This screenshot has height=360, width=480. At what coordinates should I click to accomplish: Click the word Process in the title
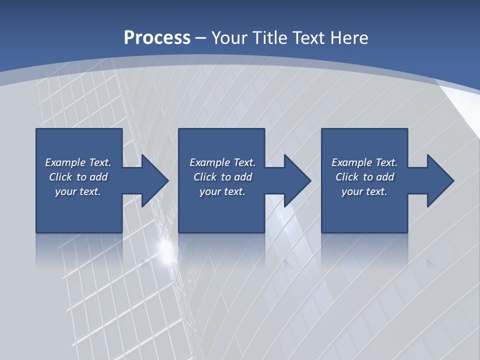157,37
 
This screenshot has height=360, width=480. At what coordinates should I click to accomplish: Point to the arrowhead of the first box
154,180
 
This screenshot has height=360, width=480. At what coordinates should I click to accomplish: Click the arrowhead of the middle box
297,180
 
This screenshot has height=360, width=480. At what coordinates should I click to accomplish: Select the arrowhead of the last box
440,180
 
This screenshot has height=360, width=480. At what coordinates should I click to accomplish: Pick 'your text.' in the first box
78,191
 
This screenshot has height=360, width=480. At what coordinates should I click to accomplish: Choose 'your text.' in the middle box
222,191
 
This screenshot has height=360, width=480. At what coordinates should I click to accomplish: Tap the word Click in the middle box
205,177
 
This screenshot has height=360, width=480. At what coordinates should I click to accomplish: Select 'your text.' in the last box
364,191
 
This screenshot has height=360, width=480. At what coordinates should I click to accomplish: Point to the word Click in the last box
347,177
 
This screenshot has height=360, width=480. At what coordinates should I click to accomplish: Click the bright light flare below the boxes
165,246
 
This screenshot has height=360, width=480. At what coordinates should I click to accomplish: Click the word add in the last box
385,177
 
